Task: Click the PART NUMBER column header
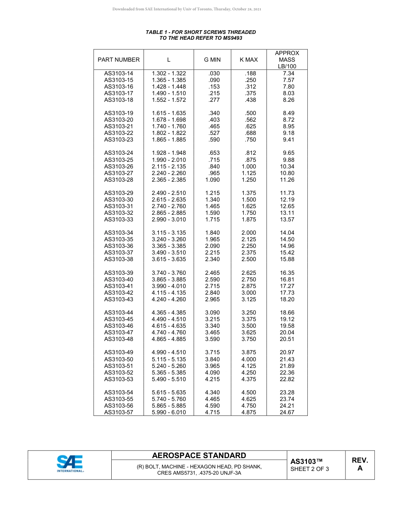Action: point(119,60)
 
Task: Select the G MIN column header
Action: point(212,60)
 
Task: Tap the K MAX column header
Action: point(249,60)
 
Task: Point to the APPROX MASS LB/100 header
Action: point(287,60)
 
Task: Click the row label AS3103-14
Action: point(119,73)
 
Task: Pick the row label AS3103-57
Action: point(119,412)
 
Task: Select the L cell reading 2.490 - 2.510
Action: point(169,193)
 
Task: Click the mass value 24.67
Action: point(287,412)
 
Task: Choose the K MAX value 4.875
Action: point(249,412)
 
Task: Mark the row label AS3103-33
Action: point(119,219)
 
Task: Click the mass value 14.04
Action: point(287,233)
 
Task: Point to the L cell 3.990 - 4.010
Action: point(169,286)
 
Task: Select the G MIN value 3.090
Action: point(212,312)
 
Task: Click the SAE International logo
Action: point(70,464)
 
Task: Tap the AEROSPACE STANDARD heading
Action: point(199,456)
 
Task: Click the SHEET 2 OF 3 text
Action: point(310,469)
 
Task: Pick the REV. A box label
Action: point(359,464)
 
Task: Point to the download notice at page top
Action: point(187,9)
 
